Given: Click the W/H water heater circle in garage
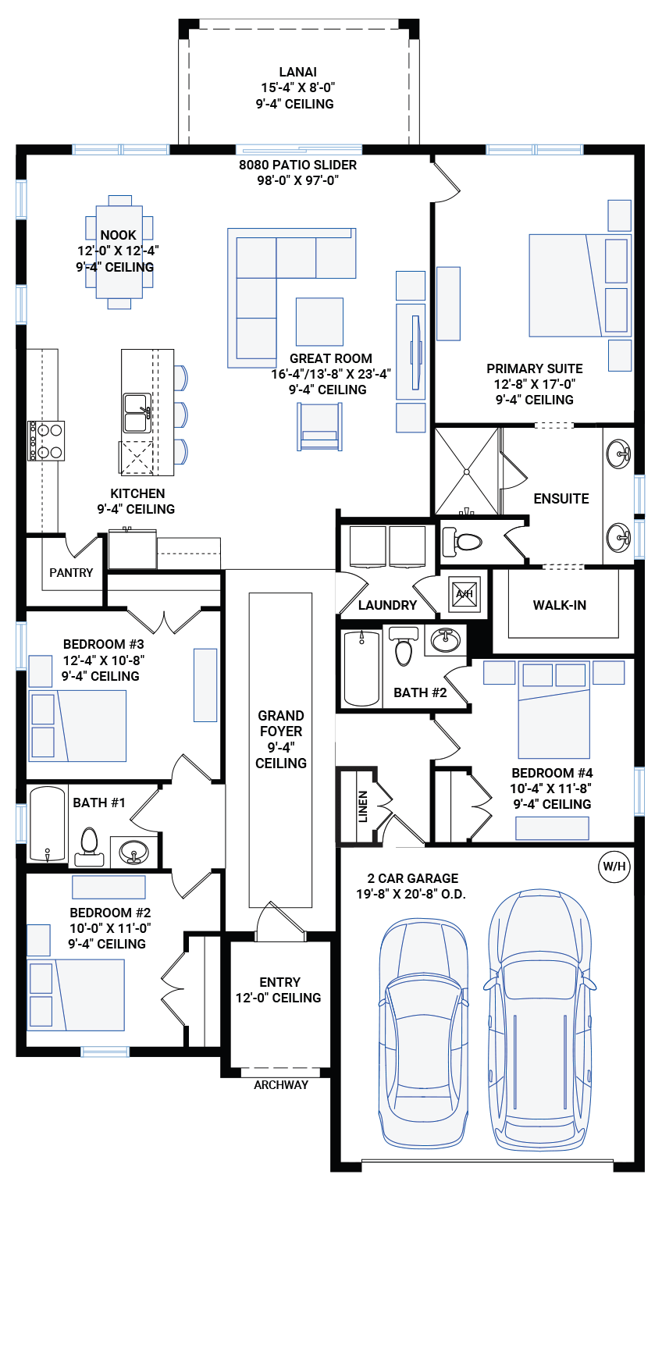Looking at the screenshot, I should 614,867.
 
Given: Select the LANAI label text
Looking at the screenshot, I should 297,72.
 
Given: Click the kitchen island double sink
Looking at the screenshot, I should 137,413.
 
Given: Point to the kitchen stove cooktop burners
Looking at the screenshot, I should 47,441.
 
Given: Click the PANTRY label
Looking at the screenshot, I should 71,572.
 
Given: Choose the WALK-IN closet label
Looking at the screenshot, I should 559,605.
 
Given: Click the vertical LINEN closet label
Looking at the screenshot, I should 363,806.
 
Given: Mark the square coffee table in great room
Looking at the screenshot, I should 319,322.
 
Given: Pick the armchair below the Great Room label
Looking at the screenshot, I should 319,426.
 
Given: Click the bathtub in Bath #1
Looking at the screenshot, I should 48,824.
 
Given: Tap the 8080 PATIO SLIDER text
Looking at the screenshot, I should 297,165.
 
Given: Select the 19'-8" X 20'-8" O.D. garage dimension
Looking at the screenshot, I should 411,894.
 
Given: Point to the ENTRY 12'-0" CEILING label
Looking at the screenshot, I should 279,990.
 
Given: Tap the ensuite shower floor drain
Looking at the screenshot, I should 466,472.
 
